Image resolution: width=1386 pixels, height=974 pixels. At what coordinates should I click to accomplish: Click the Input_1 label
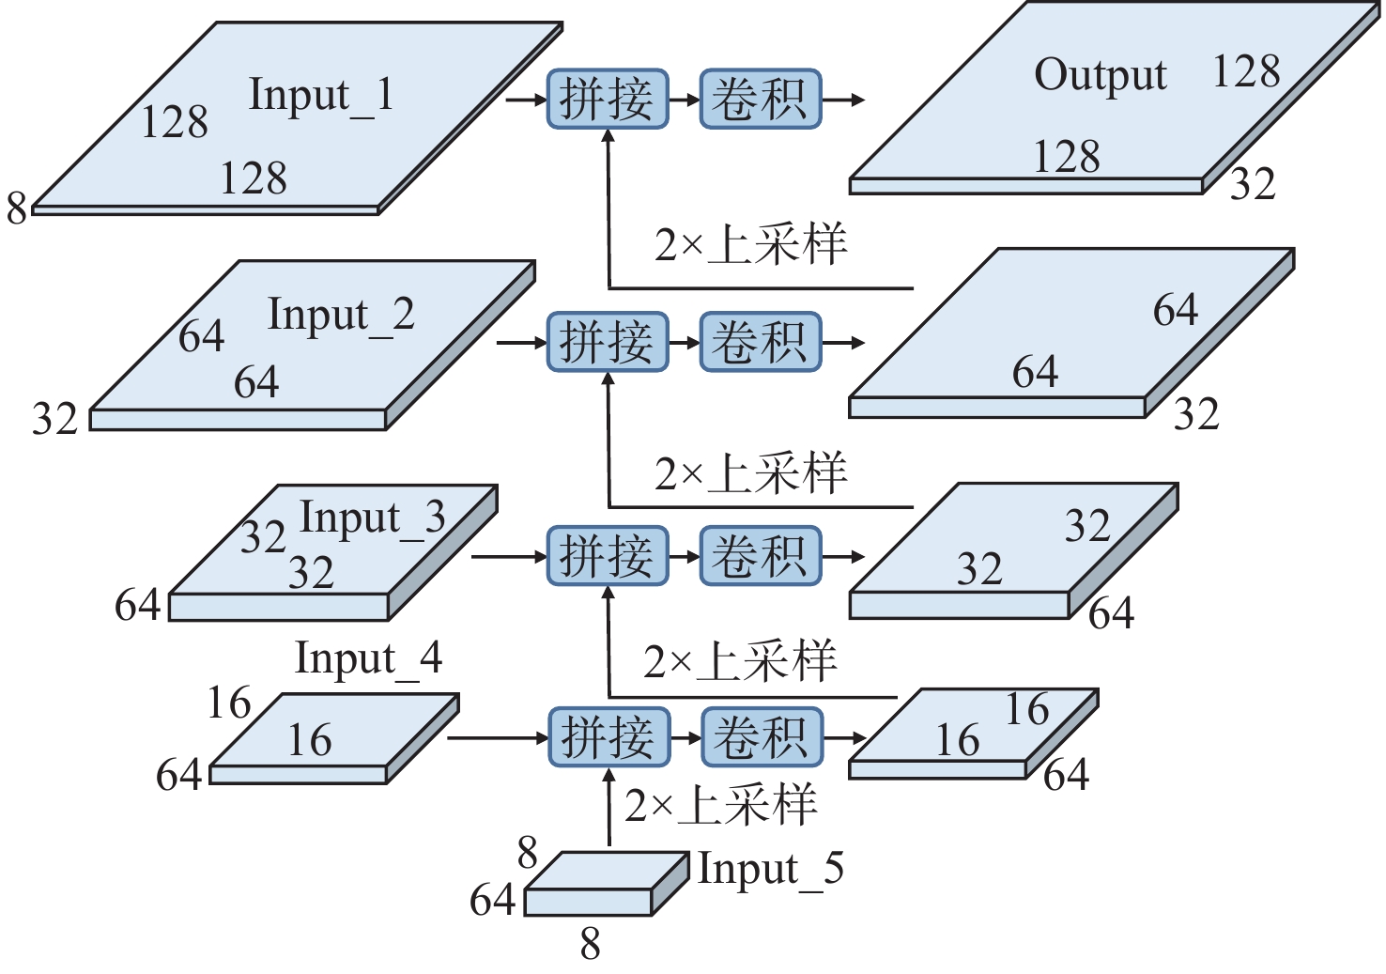pyautogui.click(x=320, y=96)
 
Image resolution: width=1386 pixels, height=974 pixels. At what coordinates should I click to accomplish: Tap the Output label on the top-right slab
pyautogui.click(x=1100, y=75)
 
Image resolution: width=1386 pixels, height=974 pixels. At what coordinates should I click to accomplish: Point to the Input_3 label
pyautogui.click(x=372, y=518)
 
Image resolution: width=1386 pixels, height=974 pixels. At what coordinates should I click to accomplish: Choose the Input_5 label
pyautogui.click(x=770, y=869)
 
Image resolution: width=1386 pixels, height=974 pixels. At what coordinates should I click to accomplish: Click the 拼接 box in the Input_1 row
pyautogui.click(x=608, y=99)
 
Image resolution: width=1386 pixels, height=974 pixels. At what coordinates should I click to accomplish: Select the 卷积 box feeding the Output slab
pyautogui.click(x=761, y=99)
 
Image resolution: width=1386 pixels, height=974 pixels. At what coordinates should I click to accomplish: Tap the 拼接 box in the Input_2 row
pyautogui.click(x=608, y=342)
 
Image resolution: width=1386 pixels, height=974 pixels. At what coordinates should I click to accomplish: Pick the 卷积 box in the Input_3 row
pyautogui.click(x=761, y=556)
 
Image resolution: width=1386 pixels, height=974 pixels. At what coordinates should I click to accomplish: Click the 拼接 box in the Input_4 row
pyautogui.click(x=608, y=737)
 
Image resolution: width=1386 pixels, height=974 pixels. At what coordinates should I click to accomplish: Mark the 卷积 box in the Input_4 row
pyautogui.click(x=762, y=737)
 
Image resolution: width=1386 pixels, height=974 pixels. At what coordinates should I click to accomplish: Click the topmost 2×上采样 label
pyautogui.click(x=750, y=244)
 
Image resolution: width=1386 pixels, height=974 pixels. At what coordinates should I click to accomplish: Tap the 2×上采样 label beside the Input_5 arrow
pyautogui.click(x=720, y=806)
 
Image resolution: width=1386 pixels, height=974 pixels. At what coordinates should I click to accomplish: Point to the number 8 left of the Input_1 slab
pyautogui.click(x=17, y=208)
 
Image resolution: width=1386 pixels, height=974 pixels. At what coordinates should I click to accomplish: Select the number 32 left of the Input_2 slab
pyautogui.click(x=54, y=418)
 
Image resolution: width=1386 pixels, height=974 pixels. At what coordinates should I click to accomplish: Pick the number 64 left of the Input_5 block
pyautogui.click(x=493, y=900)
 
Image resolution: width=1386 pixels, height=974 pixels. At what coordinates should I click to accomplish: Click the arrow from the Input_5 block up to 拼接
pyautogui.click(x=608, y=808)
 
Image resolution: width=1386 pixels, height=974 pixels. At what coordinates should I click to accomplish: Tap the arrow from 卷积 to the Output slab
pyautogui.click(x=843, y=99)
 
